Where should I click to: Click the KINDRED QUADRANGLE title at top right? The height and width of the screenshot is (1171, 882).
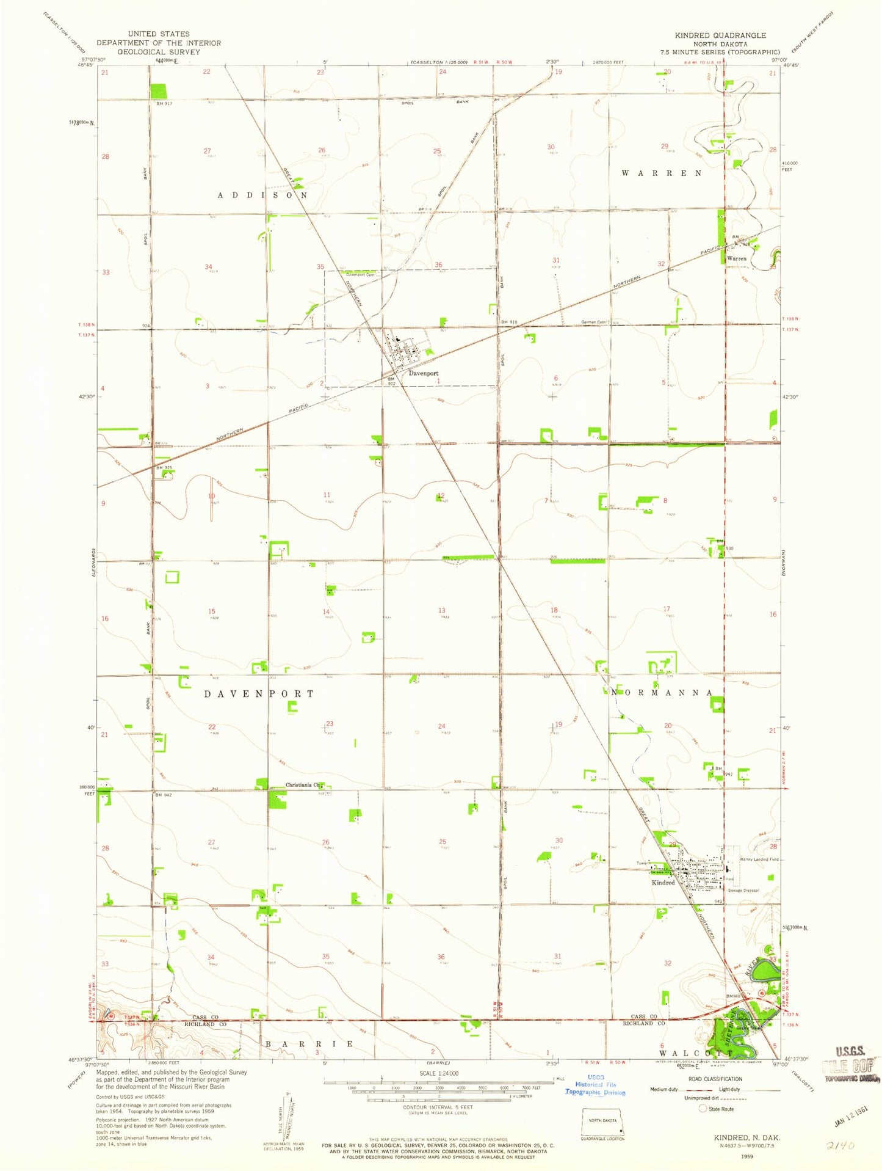tap(720, 35)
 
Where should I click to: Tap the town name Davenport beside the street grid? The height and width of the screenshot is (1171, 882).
tap(423, 373)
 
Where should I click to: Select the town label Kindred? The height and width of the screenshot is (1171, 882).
tap(663, 883)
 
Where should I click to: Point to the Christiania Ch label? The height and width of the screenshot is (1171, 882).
tap(302, 785)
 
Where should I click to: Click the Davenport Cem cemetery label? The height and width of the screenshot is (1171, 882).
tap(360, 275)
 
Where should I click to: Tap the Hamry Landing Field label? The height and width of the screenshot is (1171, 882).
tap(759, 859)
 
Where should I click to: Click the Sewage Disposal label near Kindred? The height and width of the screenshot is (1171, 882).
tap(743, 891)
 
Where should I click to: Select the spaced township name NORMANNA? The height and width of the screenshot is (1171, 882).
tap(662, 693)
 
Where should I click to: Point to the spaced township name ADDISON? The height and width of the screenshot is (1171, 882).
tap(263, 195)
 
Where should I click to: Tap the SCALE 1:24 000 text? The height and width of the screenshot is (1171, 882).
tap(439, 1073)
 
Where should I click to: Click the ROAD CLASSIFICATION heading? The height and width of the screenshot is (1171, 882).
tap(715, 1079)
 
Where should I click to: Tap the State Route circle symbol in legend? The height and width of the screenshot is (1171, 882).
tap(703, 1109)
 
